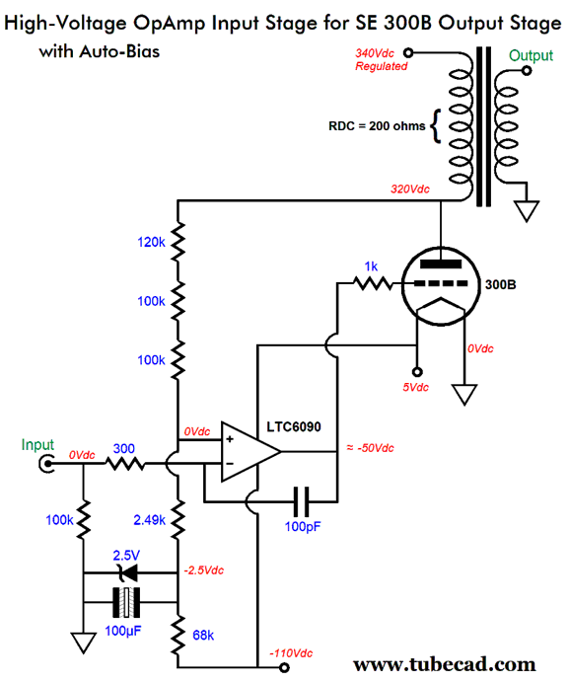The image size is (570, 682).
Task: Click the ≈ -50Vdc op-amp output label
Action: point(365,448)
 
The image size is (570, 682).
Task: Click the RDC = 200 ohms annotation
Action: point(376,126)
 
